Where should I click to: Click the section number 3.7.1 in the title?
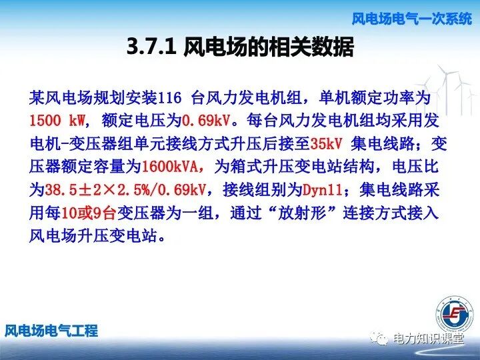tap(152, 47)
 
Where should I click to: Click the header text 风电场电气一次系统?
tap(411, 19)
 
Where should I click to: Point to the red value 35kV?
tap(329, 144)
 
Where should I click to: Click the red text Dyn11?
tap(323, 190)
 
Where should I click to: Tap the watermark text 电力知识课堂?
tap(427, 338)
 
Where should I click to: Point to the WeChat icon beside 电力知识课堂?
tap(379, 338)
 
